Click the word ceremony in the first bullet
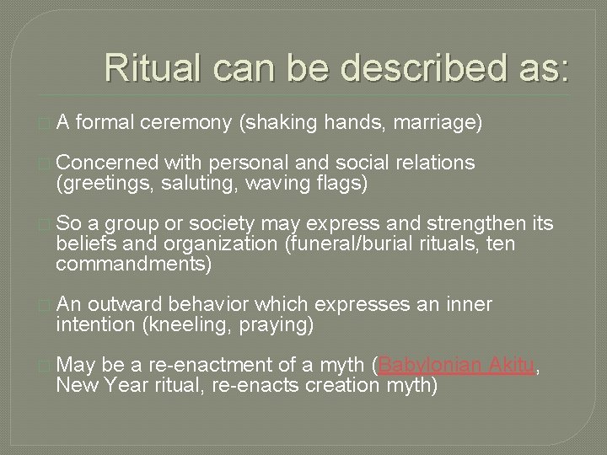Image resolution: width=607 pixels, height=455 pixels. [x=192, y=124]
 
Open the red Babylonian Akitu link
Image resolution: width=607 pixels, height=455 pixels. [x=458, y=365]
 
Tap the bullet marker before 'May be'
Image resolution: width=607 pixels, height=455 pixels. [x=46, y=366]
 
